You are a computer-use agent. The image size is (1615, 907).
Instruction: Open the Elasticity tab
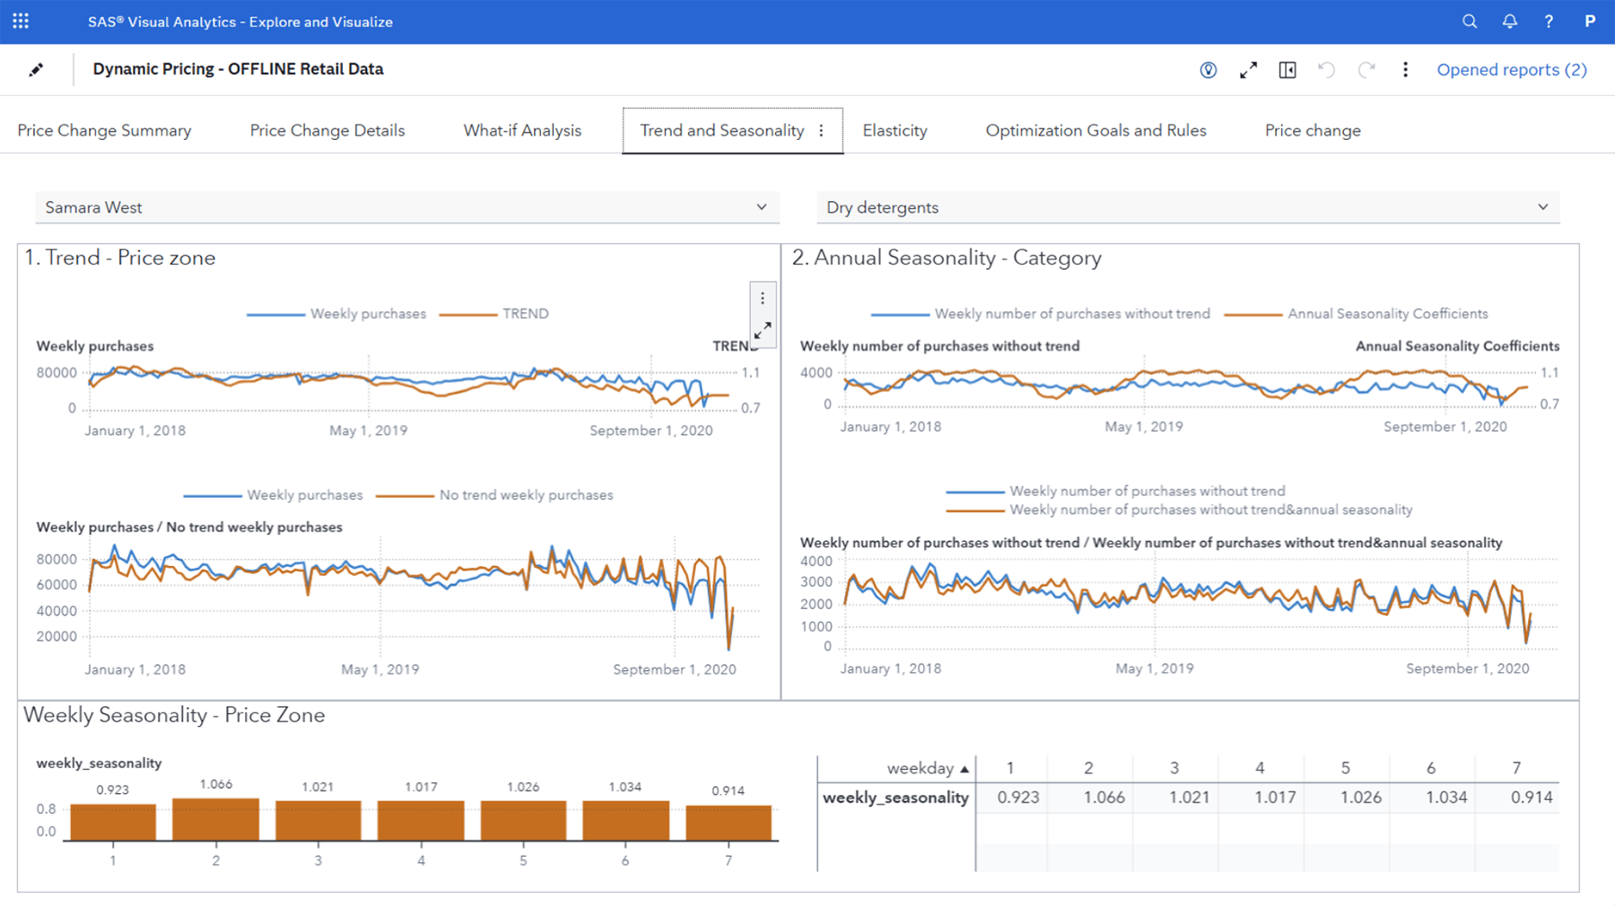(x=895, y=130)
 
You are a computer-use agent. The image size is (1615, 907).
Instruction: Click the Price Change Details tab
(x=327, y=130)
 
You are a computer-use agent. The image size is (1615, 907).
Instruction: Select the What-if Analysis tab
(x=522, y=130)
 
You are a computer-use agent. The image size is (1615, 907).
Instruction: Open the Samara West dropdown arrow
(x=761, y=207)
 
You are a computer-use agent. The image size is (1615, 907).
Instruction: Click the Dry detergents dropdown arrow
(x=1542, y=207)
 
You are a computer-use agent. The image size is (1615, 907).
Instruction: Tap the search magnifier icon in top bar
(x=1469, y=22)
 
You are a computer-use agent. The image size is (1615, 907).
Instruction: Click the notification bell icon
(x=1509, y=22)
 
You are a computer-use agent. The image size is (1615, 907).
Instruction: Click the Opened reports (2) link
(x=1511, y=69)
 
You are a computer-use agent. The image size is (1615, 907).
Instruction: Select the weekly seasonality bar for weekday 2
(x=215, y=818)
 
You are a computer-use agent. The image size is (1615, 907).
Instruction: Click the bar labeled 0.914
(x=728, y=822)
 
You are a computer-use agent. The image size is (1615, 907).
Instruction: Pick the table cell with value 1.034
(x=1445, y=798)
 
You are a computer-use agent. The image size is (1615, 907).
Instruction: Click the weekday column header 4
(x=1259, y=768)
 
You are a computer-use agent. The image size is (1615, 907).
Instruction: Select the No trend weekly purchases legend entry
(x=525, y=495)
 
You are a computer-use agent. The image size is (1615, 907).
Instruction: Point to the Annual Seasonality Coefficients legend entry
(x=1386, y=314)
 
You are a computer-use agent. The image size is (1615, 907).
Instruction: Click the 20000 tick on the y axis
(x=57, y=637)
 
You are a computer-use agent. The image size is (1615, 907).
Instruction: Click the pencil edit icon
(x=36, y=69)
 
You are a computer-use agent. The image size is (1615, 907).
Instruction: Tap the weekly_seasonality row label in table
(x=895, y=798)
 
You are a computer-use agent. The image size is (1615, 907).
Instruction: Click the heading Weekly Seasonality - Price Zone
(x=174, y=715)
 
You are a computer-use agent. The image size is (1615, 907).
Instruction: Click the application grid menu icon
(x=21, y=21)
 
